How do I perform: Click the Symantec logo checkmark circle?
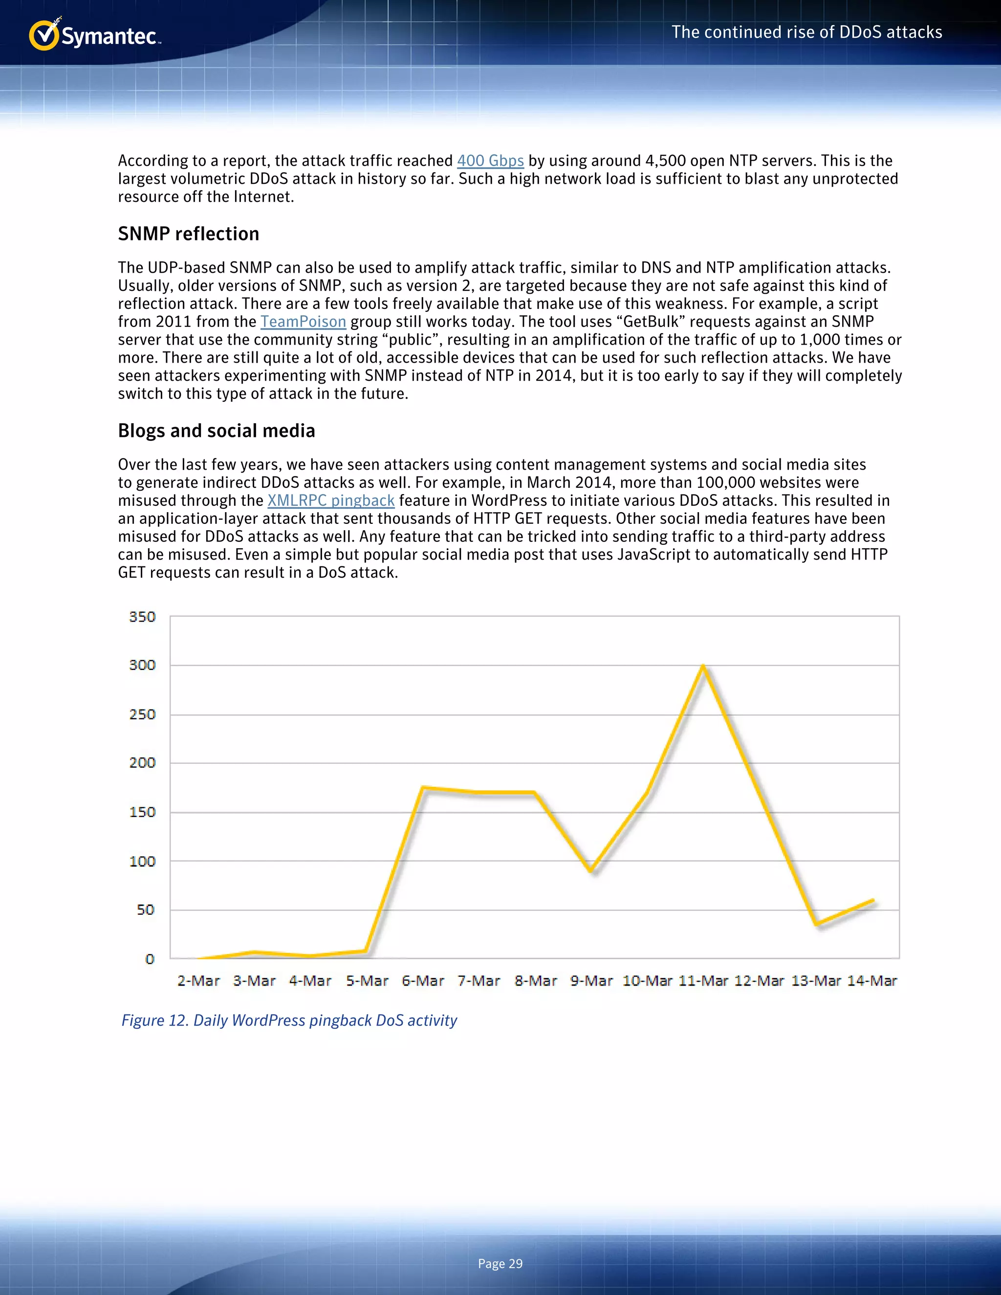pyautogui.click(x=44, y=36)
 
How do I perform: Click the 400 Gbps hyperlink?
pyautogui.click(x=490, y=161)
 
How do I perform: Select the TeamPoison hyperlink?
pyautogui.click(x=303, y=322)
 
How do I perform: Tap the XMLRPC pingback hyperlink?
pyautogui.click(x=330, y=500)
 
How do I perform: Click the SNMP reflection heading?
pyautogui.click(x=188, y=234)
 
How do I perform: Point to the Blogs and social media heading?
pyautogui.click(x=216, y=431)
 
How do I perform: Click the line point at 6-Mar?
pyautogui.click(x=423, y=787)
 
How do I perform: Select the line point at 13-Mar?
pyautogui.click(x=817, y=924)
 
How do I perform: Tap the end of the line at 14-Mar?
pyautogui.click(x=873, y=900)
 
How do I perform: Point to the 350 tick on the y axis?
pyautogui.click(x=142, y=617)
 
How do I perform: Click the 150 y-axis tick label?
pyautogui.click(x=142, y=812)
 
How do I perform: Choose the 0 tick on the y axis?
pyautogui.click(x=150, y=959)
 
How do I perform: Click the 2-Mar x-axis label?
pyautogui.click(x=198, y=981)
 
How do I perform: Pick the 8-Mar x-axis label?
pyautogui.click(x=536, y=981)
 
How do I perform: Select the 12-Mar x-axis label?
pyautogui.click(x=759, y=981)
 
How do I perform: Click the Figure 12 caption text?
pyautogui.click(x=289, y=1020)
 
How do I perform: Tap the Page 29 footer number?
pyautogui.click(x=500, y=1264)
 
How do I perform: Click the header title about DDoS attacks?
pyautogui.click(x=806, y=32)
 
